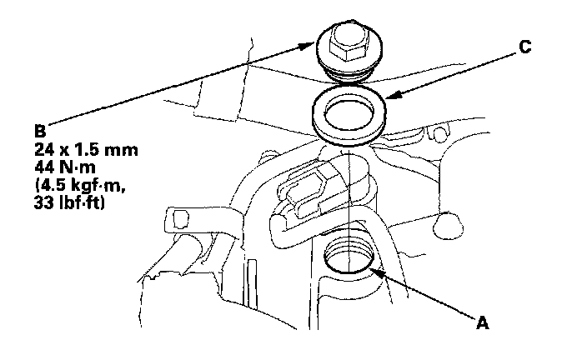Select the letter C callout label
524,47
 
